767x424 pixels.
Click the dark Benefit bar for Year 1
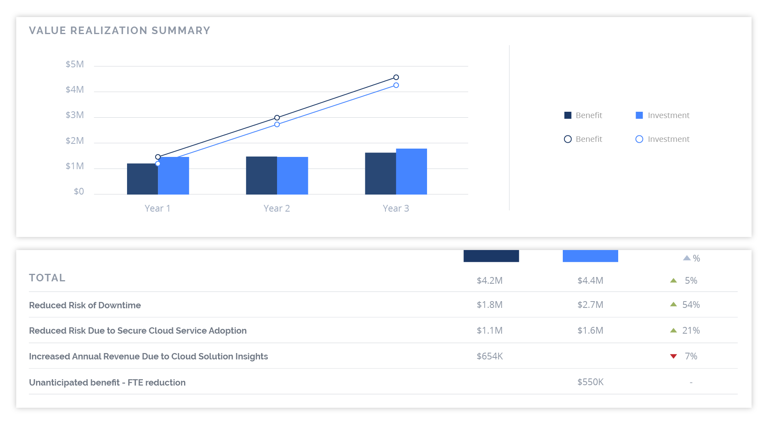(x=142, y=179)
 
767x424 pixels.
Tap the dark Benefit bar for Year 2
(x=261, y=175)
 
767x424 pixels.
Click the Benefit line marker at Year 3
(x=396, y=77)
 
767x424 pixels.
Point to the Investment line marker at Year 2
(x=277, y=124)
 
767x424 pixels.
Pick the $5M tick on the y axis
(x=75, y=64)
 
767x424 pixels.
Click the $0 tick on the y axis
(x=79, y=191)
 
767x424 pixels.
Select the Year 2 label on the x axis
(x=277, y=208)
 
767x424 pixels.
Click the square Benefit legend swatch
(x=568, y=115)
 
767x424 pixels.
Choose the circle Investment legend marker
(x=639, y=139)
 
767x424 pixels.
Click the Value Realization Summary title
(x=120, y=31)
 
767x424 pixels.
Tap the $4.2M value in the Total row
(x=490, y=281)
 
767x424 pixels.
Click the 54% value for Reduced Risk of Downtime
(x=691, y=305)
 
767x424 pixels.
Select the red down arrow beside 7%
(x=674, y=356)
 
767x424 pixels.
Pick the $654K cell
(x=490, y=356)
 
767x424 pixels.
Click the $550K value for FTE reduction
(x=590, y=382)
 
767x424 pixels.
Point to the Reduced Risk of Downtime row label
(x=85, y=305)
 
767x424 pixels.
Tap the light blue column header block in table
(x=590, y=256)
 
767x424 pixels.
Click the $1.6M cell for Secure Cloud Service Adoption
(x=590, y=330)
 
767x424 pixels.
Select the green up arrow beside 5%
(x=674, y=281)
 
